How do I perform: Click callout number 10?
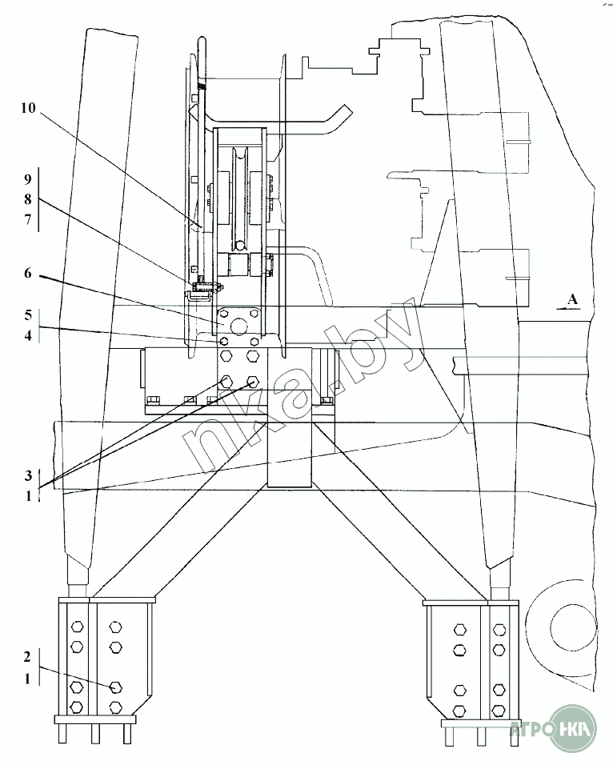(26, 110)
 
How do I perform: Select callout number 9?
(26, 178)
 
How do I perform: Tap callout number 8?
(26, 199)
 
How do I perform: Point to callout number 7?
(26, 220)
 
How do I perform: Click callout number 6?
(26, 274)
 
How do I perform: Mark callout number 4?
(26, 336)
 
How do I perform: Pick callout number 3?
(26, 475)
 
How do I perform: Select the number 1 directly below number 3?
(26, 496)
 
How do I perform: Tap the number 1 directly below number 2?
(26, 679)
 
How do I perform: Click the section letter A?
(571, 299)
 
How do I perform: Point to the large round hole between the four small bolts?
(239, 326)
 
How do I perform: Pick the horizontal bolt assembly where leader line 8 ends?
(206, 286)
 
